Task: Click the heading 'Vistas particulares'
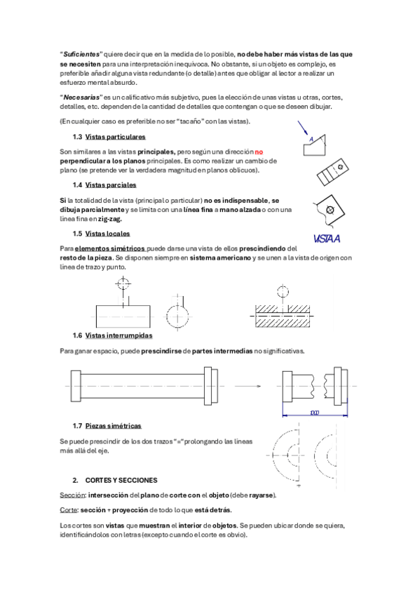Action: [115, 137]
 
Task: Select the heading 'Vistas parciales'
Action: [111, 185]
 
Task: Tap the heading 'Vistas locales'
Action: [108, 234]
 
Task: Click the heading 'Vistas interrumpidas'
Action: [118, 335]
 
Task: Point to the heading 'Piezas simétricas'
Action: [114, 426]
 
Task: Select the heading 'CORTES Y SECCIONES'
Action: [121, 481]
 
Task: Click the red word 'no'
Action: [259, 152]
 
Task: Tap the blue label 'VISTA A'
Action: [327, 239]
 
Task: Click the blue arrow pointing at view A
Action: [303, 128]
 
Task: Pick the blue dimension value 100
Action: [315, 413]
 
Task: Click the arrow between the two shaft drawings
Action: [248, 387]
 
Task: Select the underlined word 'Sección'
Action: [72, 495]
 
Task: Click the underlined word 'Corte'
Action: [69, 510]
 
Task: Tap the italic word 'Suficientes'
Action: [81, 54]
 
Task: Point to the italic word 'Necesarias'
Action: [81, 98]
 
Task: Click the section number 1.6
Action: [77, 335]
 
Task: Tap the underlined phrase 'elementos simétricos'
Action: [110, 249]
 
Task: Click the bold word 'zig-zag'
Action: [110, 220]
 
